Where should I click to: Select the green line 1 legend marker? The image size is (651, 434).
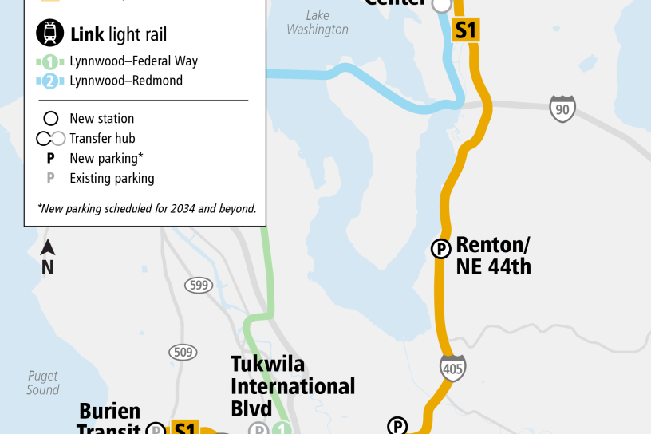(x=50, y=61)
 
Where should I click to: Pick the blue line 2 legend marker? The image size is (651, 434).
(x=50, y=81)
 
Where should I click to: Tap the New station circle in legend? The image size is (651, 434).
(x=50, y=119)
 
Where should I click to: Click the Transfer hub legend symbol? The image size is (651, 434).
(x=50, y=139)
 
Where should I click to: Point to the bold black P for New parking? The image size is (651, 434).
(x=50, y=158)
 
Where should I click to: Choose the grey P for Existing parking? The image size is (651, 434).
(x=50, y=178)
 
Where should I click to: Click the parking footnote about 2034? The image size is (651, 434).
(x=147, y=209)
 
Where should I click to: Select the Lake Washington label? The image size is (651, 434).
(x=318, y=22)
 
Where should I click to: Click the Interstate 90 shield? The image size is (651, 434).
(x=562, y=108)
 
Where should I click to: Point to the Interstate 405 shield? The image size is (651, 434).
(x=452, y=368)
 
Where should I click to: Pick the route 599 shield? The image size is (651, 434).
(x=199, y=285)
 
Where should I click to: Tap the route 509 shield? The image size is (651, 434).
(x=182, y=351)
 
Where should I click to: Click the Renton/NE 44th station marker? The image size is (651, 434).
(x=440, y=249)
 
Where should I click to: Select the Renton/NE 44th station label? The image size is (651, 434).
(x=493, y=255)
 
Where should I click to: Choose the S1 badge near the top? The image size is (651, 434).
(x=465, y=30)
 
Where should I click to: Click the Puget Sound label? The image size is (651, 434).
(x=42, y=383)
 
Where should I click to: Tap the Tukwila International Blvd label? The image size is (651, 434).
(x=292, y=386)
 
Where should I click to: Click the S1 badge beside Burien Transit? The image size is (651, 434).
(x=184, y=428)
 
